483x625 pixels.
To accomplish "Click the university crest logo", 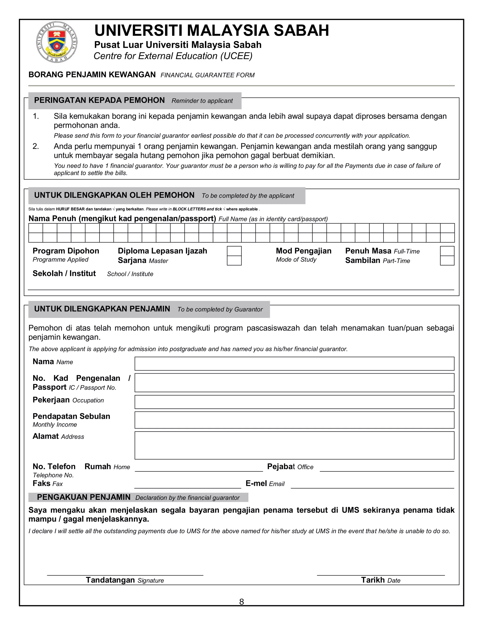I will (57, 42).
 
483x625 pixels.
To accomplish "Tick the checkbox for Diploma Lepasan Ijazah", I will (234, 251).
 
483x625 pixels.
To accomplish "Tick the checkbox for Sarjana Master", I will (234, 260).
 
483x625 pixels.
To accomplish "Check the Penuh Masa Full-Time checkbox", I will (447, 251).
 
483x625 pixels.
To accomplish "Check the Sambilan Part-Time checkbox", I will (447, 260).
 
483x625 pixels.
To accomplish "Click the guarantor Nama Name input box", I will (294, 363).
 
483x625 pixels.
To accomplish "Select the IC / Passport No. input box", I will (294, 382).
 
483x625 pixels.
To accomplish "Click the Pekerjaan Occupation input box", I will (294, 402).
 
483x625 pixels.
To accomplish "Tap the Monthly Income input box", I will (294, 420).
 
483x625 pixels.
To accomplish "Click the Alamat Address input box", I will (294, 445).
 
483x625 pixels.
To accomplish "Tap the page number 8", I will (241, 602).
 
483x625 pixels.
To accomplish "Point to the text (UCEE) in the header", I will (236, 56).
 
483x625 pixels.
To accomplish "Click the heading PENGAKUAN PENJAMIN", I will (83, 497).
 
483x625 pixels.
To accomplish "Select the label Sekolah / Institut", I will (64, 273).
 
